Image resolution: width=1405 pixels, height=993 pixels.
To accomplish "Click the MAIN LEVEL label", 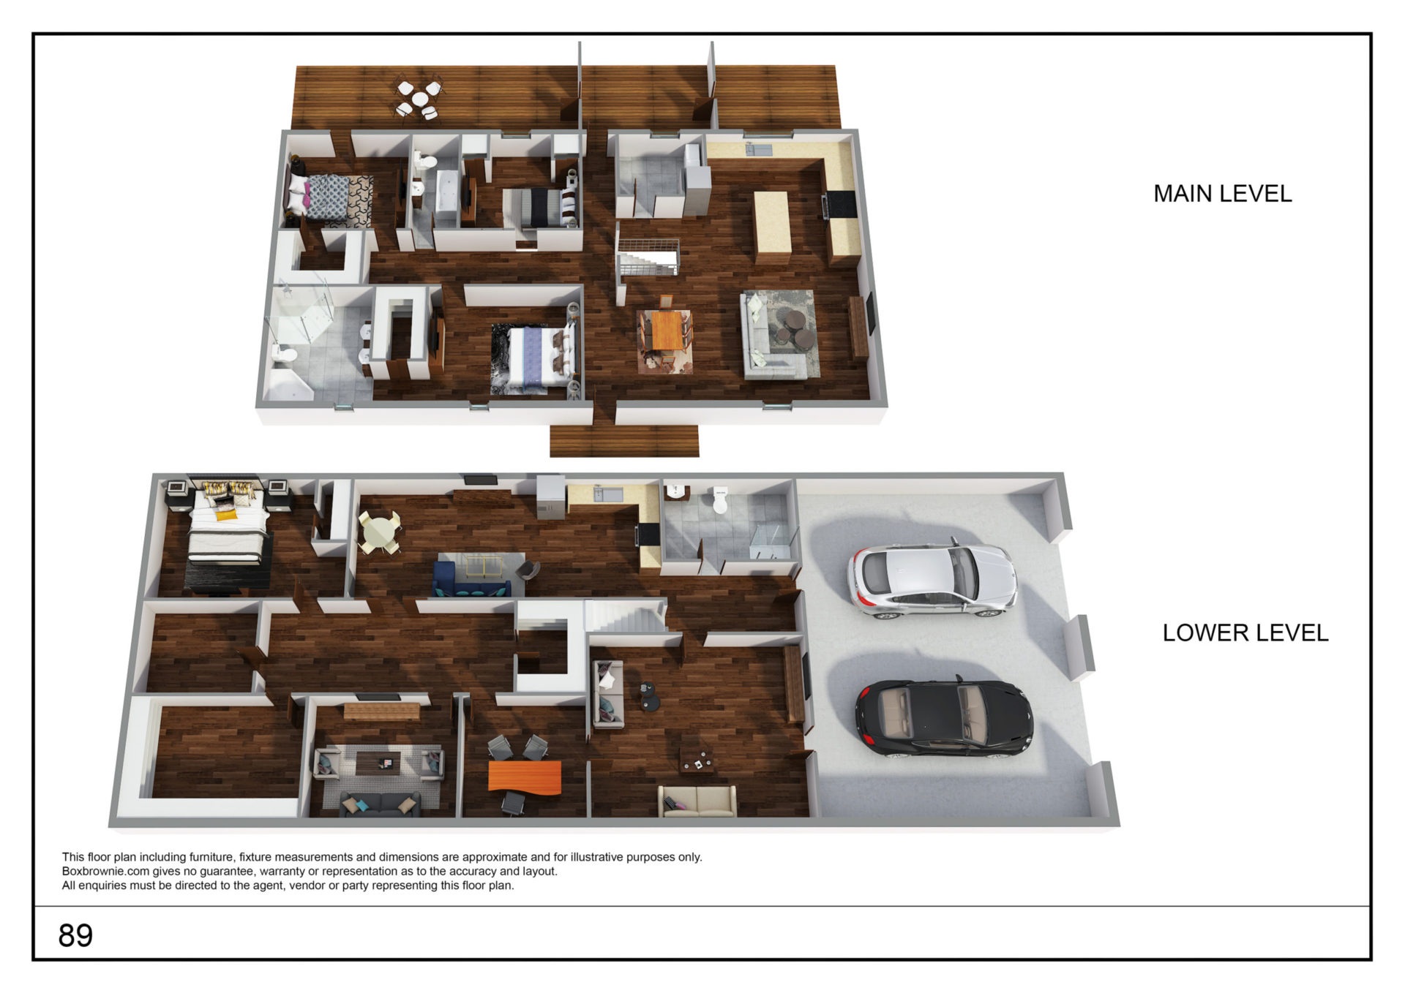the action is [x=1222, y=194].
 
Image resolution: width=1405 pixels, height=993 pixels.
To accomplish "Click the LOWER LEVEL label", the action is [x=1245, y=633].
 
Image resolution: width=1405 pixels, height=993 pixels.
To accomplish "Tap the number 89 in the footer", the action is [x=75, y=935].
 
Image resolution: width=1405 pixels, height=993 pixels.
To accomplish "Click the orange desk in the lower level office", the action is [x=525, y=777].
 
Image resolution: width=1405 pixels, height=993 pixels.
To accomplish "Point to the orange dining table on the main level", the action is [x=666, y=331].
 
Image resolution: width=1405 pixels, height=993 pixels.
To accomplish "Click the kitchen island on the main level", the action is [x=772, y=227].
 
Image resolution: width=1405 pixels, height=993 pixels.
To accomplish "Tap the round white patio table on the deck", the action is [x=419, y=98].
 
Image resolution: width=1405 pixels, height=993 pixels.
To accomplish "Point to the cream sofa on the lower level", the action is [x=697, y=801].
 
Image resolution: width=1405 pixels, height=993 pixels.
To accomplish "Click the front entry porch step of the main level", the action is [x=624, y=441].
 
